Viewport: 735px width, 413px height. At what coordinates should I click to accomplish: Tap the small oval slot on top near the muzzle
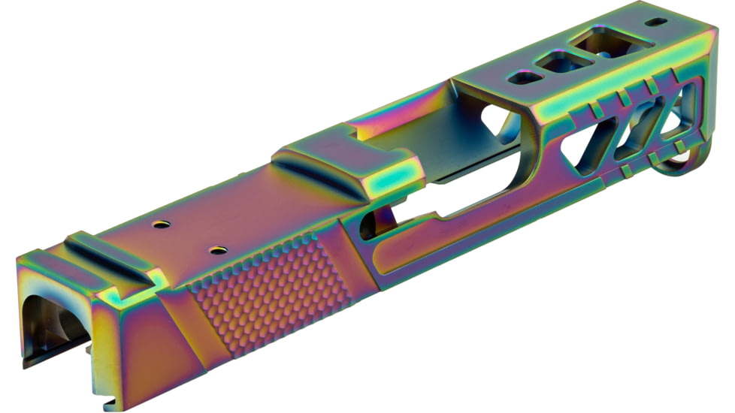click(x=655, y=22)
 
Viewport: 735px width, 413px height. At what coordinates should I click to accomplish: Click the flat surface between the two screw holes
click(x=188, y=237)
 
